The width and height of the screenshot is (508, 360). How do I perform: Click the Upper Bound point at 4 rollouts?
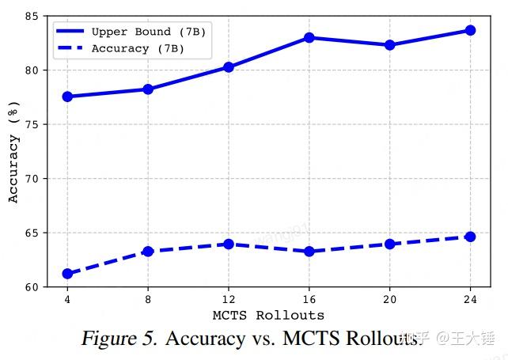point(67,97)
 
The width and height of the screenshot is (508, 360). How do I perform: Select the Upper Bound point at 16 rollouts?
point(309,38)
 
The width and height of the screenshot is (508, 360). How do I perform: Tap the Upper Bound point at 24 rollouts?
point(470,30)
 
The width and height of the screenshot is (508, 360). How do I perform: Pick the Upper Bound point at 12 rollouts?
point(228,67)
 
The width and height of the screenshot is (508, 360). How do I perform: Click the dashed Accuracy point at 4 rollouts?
point(67,274)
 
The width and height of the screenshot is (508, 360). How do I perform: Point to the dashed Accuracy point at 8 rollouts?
point(148,251)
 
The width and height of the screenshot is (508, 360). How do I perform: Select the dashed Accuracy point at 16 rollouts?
point(309,252)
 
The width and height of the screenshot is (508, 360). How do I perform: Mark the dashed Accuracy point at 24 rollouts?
point(470,237)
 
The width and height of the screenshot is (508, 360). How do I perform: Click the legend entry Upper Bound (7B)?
point(131,32)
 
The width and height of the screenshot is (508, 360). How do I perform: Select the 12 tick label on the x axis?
point(228,300)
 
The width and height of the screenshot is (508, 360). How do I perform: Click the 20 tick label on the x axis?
point(389,300)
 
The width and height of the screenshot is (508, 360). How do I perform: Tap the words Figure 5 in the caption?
point(119,339)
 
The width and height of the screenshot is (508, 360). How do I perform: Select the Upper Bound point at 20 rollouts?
point(389,45)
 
